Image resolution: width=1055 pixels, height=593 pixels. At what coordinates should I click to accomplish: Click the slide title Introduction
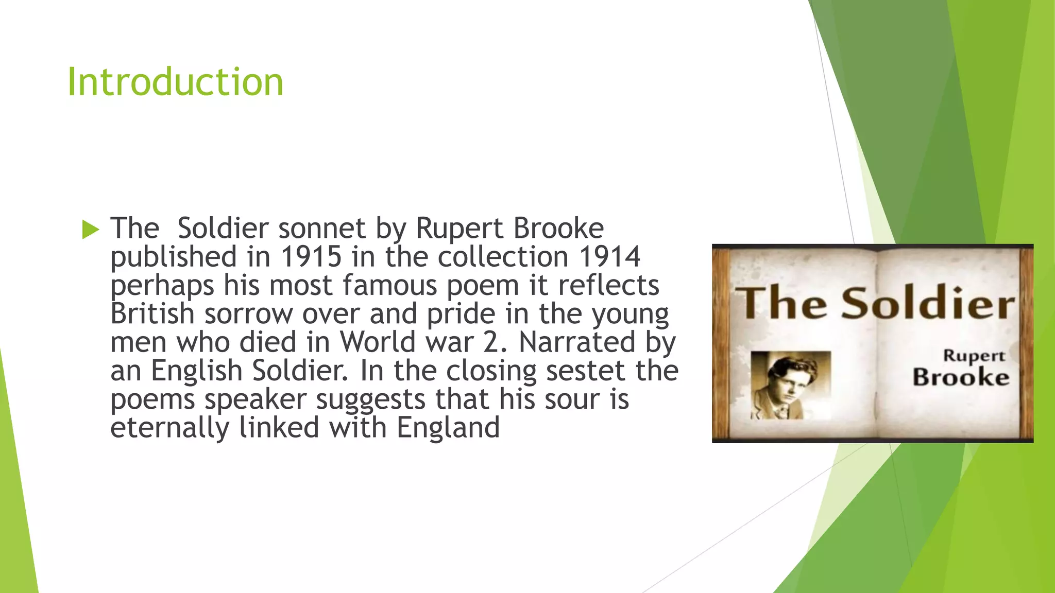pyautogui.click(x=175, y=82)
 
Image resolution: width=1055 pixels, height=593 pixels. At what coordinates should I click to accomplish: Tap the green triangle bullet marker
pyautogui.click(x=90, y=230)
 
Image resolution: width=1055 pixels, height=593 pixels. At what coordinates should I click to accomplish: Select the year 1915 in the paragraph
pyautogui.click(x=311, y=257)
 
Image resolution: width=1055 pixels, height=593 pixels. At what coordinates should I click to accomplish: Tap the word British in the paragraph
pyautogui.click(x=152, y=313)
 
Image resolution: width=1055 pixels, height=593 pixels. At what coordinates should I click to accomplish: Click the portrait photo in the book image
pyautogui.click(x=790, y=385)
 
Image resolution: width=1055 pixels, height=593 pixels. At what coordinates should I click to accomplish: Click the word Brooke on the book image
pyautogui.click(x=961, y=377)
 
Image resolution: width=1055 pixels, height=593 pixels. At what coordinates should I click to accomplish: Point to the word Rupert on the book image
pyautogui.click(x=974, y=355)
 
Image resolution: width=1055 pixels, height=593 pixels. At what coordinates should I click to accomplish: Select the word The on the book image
pyautogui.click(x=781, y=304)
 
